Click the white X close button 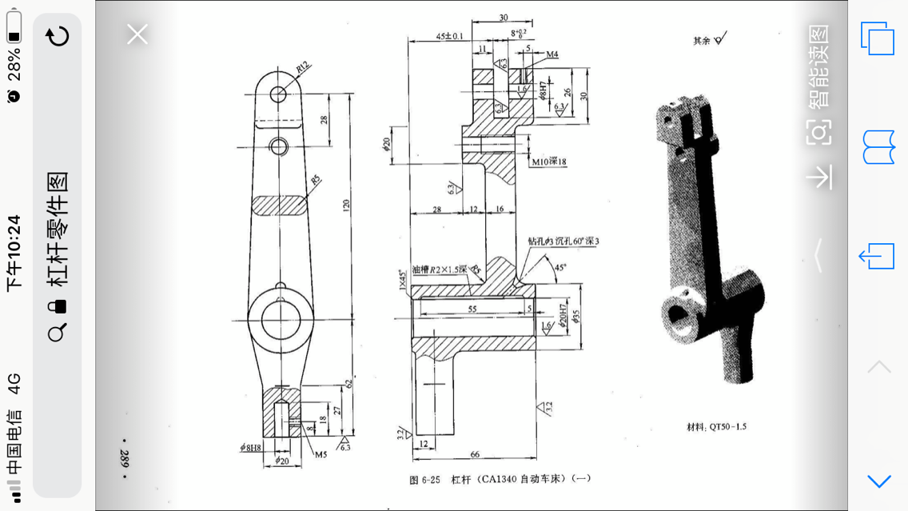click(137, 34)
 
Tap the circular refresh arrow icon click(58, 36)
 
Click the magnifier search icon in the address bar click(57, 333)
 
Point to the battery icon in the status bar click(14, 30)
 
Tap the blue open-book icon click(878, 147)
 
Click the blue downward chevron click(878, 480)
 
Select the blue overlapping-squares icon click(877, 38)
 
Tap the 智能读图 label click(818, 66)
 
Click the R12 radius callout click(303, 68)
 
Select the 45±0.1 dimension click(449, 37)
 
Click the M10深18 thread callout click(549, 162)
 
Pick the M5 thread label click(321, 455)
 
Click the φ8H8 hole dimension click(251, 448)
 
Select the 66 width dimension click(475, 454)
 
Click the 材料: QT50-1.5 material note click(716, 427)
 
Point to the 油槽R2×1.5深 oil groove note click(439, 269)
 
